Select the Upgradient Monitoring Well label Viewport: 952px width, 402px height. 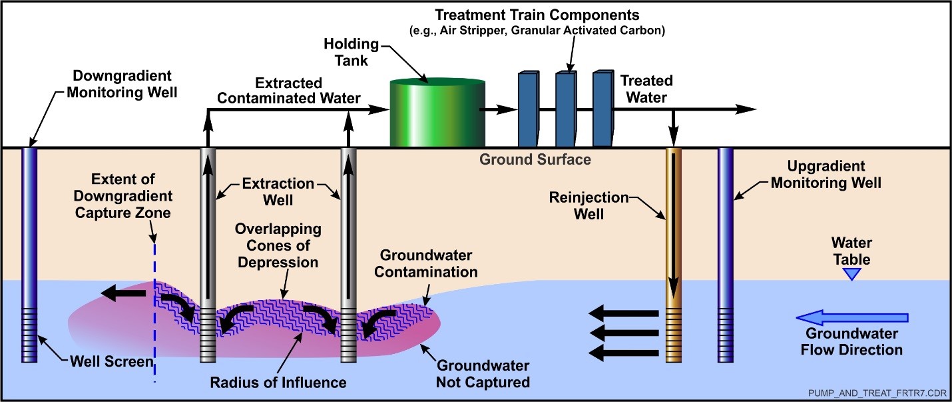pos(826,174)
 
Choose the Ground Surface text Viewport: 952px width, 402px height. pos(535,160)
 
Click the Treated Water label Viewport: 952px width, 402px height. pos(646,89)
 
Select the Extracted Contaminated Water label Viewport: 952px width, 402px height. pos(307,91)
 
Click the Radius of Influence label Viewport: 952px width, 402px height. pos(278,382)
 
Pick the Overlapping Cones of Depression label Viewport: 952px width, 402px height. pos(277,245)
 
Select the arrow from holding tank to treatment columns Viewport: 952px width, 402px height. pos(500,109)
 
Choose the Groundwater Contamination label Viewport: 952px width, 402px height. pos(429,263)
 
